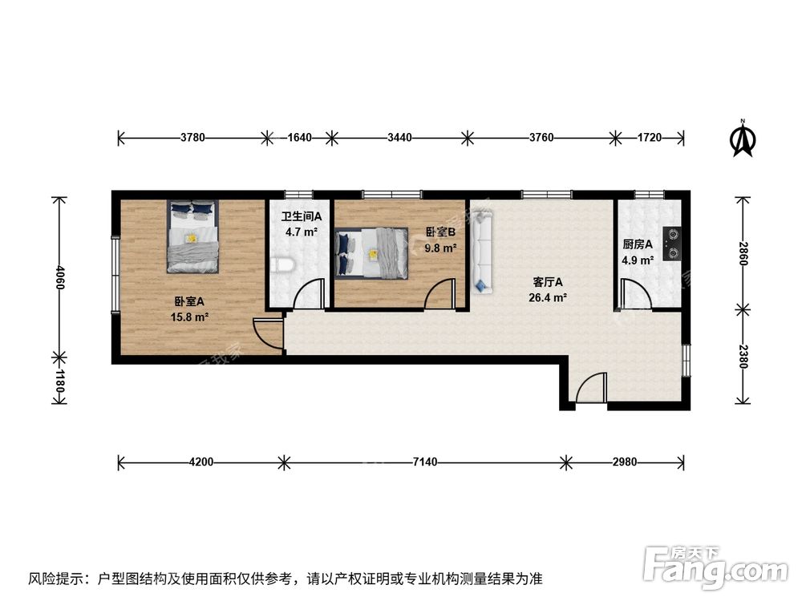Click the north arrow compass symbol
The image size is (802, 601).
tap(743, 139)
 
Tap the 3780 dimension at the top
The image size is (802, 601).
tap(193, 138)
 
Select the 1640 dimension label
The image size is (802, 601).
tap(300, 138)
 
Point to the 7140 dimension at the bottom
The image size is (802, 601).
tap(426, 462)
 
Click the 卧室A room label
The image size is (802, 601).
tap(190, 302)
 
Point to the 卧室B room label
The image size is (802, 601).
tap(440, 232)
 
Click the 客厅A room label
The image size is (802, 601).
tap(549, 282)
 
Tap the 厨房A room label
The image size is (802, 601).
tap(638, 244)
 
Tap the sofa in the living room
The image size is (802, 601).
tap(481, 251)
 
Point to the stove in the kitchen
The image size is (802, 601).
tap(672, 241)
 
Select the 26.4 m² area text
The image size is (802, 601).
tap(550, 298)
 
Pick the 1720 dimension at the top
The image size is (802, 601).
tap(650, 138)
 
